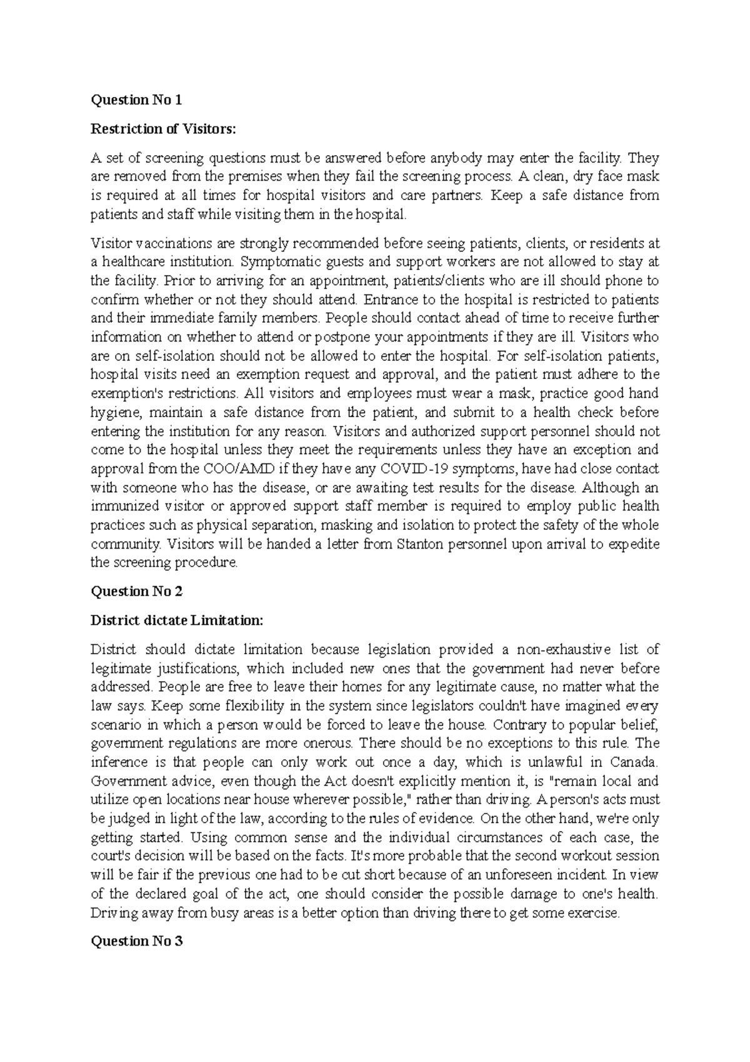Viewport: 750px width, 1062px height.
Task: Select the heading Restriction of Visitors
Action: coord(164,129)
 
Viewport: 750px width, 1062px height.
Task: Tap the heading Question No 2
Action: coord(136,591)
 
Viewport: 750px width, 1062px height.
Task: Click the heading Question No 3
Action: coord(136,941)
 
